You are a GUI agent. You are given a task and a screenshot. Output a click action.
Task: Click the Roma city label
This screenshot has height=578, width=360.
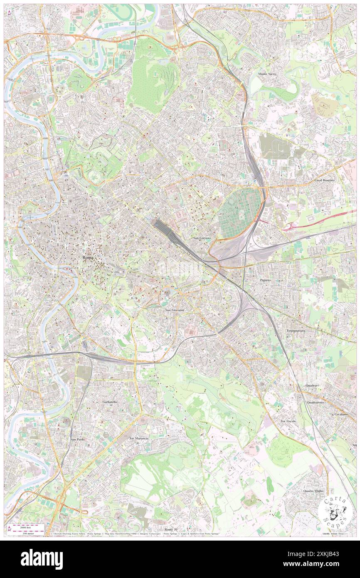tap(88, 258)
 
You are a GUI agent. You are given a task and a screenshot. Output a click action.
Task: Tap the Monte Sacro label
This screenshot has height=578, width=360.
tap(267, 74)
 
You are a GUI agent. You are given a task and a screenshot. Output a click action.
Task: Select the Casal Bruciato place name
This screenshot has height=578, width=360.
tap(325, 180)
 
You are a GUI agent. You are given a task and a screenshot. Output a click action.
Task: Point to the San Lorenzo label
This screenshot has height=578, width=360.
tap(202, 238)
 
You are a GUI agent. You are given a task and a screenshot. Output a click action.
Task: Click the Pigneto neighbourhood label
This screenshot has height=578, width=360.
tap(265, 280)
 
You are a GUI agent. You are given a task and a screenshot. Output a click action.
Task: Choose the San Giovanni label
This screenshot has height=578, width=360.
tap(175, 310)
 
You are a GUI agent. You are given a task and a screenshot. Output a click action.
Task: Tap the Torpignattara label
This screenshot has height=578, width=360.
tap(295, 331)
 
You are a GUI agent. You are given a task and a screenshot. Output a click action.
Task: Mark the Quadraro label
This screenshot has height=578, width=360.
tap(312, 385)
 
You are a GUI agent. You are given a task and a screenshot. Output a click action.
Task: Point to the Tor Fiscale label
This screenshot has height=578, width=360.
tap(288, 421)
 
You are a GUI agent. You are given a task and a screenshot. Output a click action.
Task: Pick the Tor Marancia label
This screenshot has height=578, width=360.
tap(139, 438)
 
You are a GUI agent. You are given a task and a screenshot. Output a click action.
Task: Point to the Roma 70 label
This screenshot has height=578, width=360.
tap(171, 529)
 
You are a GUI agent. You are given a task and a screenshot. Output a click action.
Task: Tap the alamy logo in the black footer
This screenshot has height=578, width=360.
tap(42, 559)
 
